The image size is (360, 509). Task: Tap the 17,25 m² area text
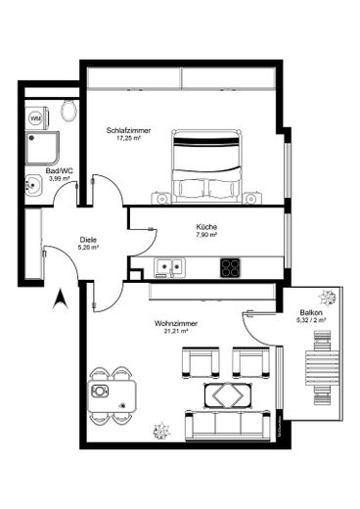point(125,139)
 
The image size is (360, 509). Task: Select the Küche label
point(205,227)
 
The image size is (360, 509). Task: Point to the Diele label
point(88,238)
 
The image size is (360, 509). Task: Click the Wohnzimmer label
point(171,323)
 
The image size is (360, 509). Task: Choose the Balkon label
point(310,311)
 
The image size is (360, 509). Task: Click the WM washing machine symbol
point(36,118)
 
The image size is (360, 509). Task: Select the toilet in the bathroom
point(67,111)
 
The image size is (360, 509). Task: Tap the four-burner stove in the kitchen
point(231,266)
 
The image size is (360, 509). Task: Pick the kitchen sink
point(168,265)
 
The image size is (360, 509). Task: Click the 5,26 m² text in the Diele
point(88,247)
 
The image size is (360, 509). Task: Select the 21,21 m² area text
point(171,332)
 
